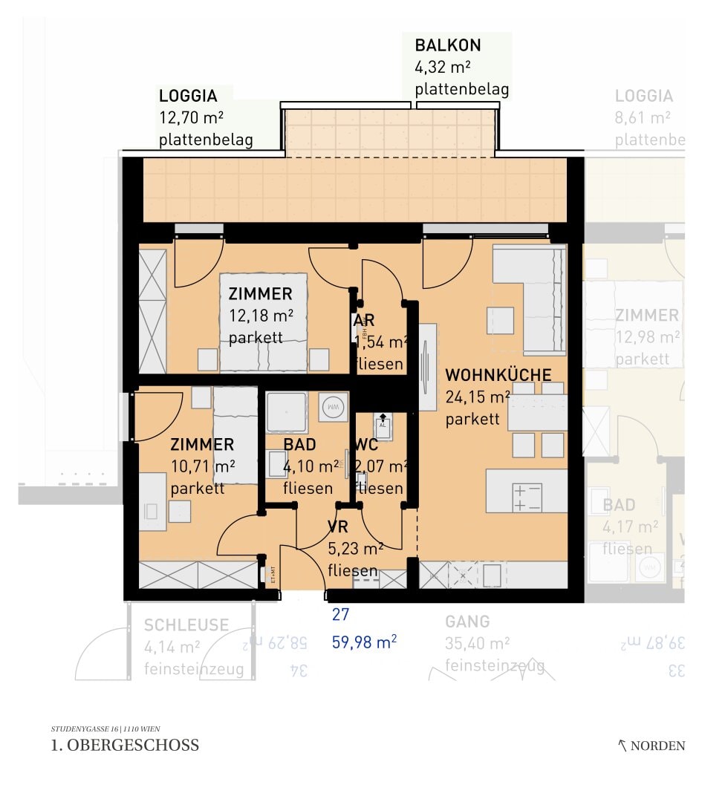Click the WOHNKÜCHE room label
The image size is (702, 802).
(x=498, y=375)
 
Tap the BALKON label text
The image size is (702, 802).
(x=448, y=45)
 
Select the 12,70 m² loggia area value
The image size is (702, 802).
(x=192, y=118)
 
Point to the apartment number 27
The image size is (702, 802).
(x=340, y=615)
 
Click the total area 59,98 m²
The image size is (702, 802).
(x=364, y=642)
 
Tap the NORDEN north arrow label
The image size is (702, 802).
(x=657, y=746)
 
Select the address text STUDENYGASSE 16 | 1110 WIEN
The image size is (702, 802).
(x=105, y=728)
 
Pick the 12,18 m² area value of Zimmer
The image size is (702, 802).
(x=261, y=316)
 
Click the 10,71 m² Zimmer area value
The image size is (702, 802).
(x=203, y=467)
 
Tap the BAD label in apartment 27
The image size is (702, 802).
(x=299, y=445)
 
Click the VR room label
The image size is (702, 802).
(x=338, y=528)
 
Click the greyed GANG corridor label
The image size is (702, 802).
(x=467, y=622)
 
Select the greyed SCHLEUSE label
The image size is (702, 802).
(x=186, y=625)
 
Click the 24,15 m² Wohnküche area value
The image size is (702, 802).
(x=477, y=397)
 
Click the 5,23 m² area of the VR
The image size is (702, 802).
(x=355, y=550)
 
